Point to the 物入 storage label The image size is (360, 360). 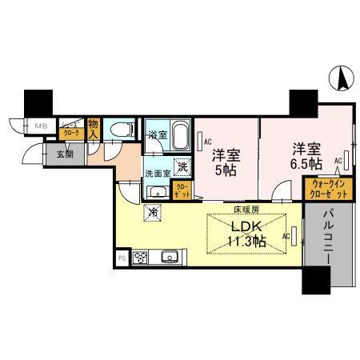click(x=94, y=129)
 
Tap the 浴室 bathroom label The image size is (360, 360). click(x=158, y=135)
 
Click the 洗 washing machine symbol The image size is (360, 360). click(x=182, y=167)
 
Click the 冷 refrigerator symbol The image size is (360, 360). click(x=153, y=213)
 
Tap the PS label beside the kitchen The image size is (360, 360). click(x=122, y=258)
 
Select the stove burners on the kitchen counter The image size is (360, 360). click(x=141, y=258)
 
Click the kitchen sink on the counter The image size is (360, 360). click(x=169, y=258)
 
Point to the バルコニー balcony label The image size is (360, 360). click(x=330, y=238)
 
